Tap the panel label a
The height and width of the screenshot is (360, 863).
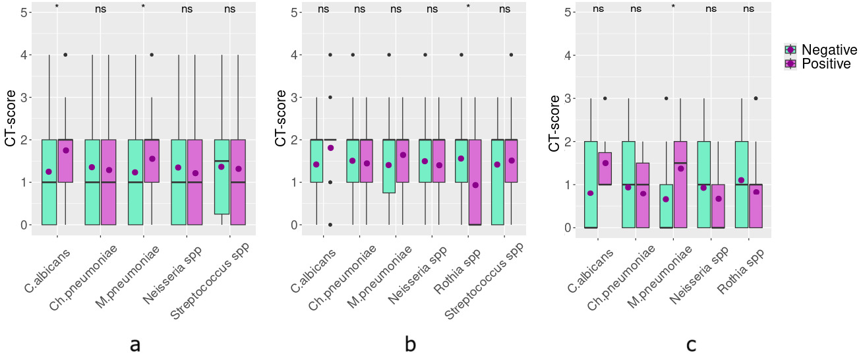point(135,344)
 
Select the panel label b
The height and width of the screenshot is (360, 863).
point(411,344)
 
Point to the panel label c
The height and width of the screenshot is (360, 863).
point(691,344)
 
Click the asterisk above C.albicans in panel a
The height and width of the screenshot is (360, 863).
point(57,8)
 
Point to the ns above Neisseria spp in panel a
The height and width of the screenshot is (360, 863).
point(187,9)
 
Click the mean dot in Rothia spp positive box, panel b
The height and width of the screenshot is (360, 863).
point(476,185)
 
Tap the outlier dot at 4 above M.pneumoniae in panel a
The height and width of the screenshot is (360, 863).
point(152,55)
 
